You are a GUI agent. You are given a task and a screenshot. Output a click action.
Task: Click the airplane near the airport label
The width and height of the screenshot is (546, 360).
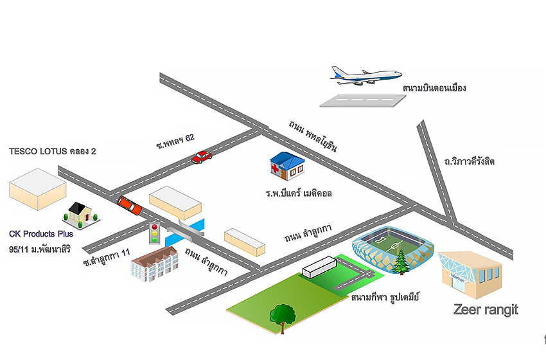coord(364,76)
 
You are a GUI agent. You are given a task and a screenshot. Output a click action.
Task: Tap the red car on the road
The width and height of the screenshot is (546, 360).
coord(202,157)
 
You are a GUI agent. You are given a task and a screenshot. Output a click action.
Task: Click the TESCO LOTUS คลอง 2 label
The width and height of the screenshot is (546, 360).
coord(52,152)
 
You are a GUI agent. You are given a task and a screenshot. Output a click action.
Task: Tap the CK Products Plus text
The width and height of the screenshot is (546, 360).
coord(41,233)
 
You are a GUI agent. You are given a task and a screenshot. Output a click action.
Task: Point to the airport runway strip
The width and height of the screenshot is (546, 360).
coord(364,100)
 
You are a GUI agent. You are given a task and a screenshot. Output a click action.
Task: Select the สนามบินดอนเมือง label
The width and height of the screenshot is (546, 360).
coord(434,87)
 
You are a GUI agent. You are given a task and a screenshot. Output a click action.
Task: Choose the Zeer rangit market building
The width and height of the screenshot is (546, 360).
coord(470,273)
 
